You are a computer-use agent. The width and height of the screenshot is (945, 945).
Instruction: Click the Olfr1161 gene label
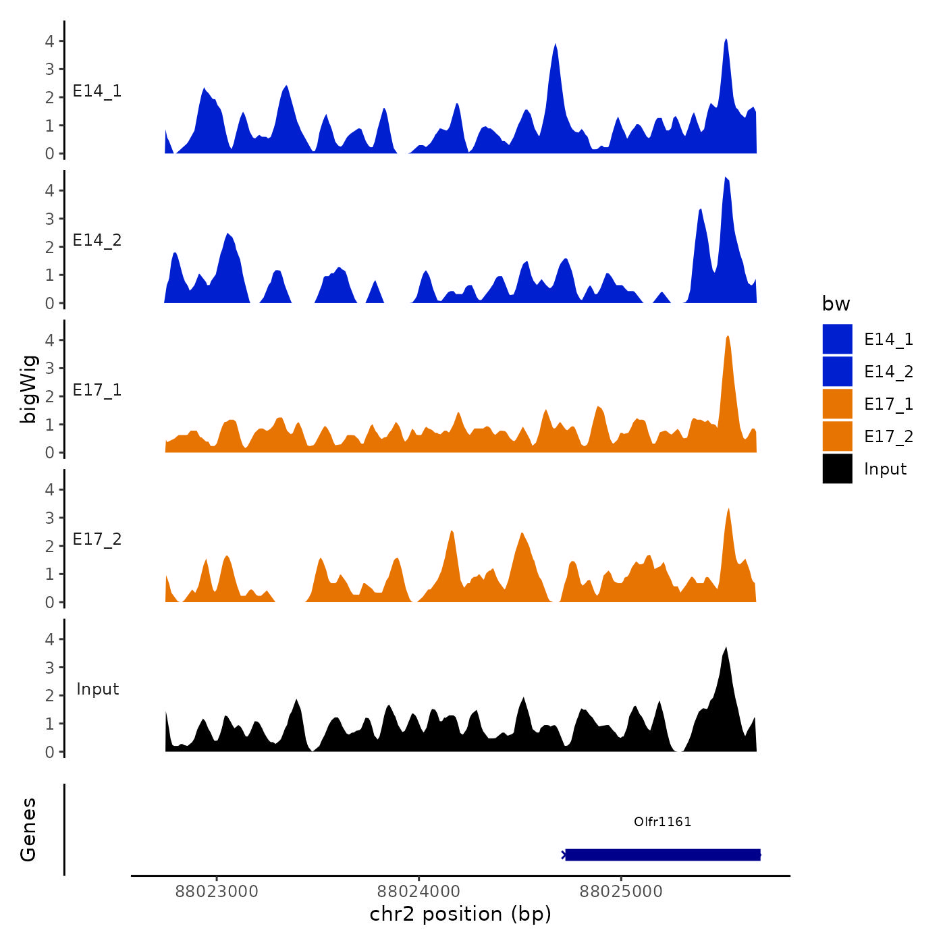tap(662, 821)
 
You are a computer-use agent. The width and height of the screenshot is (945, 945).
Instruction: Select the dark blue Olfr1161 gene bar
tap(662, 855)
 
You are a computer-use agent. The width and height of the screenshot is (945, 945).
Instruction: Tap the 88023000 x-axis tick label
tap(217, 892)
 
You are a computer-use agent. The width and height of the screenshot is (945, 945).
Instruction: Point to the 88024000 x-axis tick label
tap(419, 892)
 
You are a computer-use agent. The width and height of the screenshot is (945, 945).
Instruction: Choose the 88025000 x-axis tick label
tap(621, 892)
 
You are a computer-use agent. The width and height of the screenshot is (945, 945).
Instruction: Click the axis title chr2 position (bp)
tap(460, 915)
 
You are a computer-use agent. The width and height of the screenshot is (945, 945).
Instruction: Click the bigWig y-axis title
tap(29, 389)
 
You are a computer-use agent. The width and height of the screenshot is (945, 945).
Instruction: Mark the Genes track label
tap(28, 830)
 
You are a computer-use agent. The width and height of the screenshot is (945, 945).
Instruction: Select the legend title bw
tap(836, 304)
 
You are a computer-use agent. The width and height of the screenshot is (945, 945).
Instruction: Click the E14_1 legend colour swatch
tap(837, 339)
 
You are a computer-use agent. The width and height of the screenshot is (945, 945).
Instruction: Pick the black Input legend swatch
tap(837, 468)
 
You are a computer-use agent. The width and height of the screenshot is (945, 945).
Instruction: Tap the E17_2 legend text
tap(888, 437)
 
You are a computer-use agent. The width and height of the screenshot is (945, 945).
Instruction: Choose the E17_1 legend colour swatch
tap(837, 404)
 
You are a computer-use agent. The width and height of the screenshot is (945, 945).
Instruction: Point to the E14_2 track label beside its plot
tap(97, 240)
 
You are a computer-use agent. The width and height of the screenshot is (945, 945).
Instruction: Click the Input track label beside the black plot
tap(97, 689)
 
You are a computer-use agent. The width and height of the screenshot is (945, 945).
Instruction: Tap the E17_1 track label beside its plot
tap(97, 390)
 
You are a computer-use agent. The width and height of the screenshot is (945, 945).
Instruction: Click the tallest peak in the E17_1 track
tap(728, 337)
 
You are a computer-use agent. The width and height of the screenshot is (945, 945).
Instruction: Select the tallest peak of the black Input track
tap(726, 649)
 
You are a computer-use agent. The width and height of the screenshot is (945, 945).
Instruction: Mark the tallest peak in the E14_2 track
tap(726, 178)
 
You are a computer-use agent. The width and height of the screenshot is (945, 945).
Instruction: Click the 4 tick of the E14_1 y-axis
tap(50, 41)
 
